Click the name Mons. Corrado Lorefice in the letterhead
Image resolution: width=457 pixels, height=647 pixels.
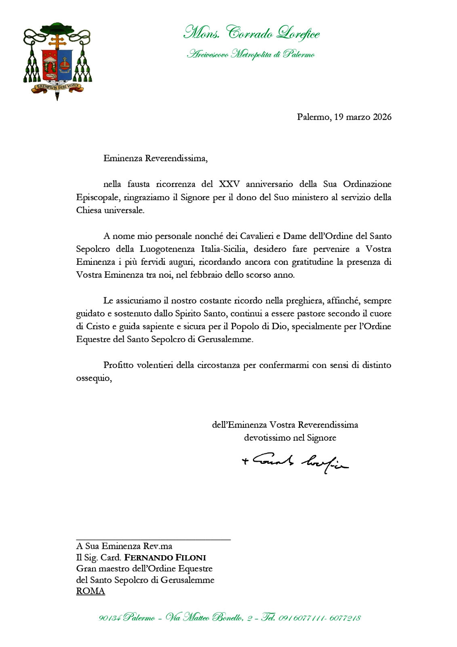pyautogui.click(x=251, y=33)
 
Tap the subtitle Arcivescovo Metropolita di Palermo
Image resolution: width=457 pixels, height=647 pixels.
pyautogui.click(x=251, y=54)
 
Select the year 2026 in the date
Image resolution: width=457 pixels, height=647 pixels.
pyautogui.click(x=382, y=117)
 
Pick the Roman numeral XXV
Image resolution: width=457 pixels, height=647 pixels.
pyautogui.click(x=229, y=184)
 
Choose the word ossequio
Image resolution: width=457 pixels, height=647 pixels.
pyautogui.click(x=93, y=378)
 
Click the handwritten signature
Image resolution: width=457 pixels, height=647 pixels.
pyautogui.click(x=295, y=461)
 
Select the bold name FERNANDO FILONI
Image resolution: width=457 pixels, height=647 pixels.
pyautogui.click(x=165, y=557)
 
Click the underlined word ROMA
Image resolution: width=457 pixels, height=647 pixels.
pyautogui.click(x=91, y=591)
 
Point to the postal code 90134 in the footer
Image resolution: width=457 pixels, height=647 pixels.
pyautogui.click(x=109, y=618)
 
